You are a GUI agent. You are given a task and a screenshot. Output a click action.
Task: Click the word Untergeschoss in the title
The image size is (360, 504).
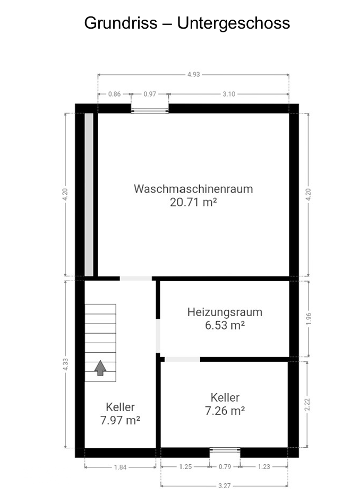click(234, 23)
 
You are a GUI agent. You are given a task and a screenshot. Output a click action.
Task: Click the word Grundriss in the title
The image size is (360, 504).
click(121, 23)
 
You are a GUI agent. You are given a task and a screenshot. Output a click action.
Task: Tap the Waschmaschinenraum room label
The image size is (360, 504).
click(193, 189)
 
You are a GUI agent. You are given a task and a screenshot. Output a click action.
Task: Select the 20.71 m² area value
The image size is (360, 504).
click(193, 202)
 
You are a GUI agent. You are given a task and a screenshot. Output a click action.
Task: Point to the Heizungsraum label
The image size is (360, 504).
click(225, 312)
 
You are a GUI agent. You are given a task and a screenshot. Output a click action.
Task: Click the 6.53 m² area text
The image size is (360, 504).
click(225, 325)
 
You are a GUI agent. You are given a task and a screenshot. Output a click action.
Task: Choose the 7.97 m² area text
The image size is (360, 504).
click(120, 420)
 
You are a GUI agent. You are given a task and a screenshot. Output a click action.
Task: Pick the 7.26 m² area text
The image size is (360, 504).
click(225, 411)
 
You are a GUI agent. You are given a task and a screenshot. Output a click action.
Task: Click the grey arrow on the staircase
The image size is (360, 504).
click(100, 368)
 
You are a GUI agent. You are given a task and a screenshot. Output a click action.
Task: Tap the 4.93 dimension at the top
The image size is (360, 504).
click(194, 75)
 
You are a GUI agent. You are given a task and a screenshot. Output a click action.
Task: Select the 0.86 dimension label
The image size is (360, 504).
click(115, 94)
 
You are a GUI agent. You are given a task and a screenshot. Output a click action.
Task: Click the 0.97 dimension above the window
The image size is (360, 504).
click(150, 94)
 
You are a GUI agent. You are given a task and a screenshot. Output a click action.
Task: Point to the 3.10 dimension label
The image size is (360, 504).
click(229, 94)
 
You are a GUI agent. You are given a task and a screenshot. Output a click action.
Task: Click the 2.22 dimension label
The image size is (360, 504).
click(307, 404)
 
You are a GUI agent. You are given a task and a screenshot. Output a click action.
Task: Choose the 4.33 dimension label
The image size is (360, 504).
click(66, 364)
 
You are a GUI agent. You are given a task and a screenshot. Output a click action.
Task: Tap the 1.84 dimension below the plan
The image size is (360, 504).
click(121, 467)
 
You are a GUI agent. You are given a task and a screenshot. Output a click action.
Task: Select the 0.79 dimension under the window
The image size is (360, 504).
click(225, 467)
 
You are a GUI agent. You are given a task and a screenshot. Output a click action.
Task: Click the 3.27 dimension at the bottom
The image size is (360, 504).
click(225, 486)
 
